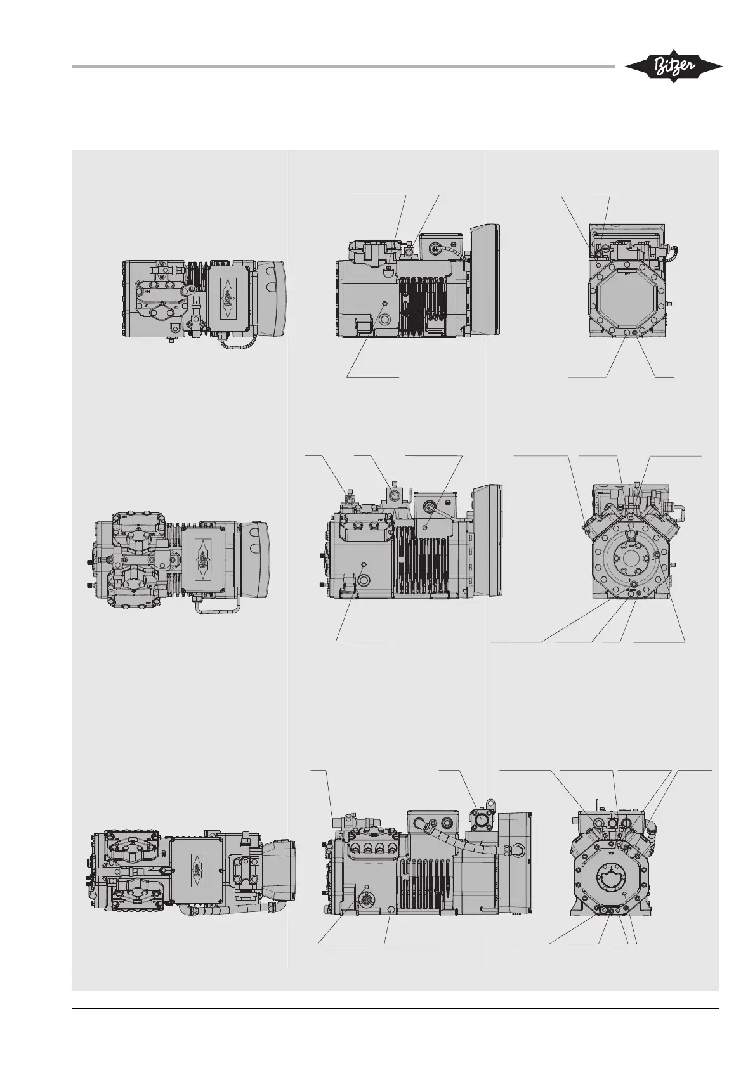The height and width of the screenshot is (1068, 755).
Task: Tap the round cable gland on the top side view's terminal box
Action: click(436, 249)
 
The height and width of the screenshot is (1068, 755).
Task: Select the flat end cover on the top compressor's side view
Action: click(485, 279)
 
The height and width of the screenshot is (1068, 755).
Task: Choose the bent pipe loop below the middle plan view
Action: click(219, 608)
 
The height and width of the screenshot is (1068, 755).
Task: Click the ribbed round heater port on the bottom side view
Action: click(367, 899)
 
